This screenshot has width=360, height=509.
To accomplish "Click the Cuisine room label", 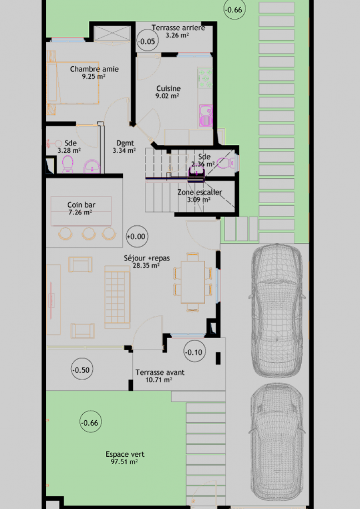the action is (168, 88).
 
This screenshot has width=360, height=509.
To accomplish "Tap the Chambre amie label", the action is (94, 69).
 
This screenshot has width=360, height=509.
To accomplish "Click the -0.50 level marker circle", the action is (81, 370).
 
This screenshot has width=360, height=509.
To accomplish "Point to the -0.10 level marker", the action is (194, 352).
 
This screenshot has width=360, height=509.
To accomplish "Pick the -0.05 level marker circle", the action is (147, 41).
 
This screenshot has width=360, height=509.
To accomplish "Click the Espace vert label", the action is (125, 454).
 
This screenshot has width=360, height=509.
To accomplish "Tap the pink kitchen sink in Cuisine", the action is (205, 115).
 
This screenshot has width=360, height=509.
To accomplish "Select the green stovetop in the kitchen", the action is (205, 78).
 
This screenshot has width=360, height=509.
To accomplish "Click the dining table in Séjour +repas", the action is (193, 282).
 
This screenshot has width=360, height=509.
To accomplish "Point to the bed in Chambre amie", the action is (73, 83).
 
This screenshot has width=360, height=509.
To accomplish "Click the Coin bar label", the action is (81, 205).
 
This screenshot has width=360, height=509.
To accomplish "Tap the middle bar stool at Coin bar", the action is (89, 233).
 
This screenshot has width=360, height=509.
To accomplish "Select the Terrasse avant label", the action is (160, 372).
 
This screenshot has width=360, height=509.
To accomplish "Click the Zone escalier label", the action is (199, 192).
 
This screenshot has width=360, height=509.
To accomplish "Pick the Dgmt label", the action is (125, 143).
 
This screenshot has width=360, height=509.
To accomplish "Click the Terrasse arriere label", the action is (178, 27).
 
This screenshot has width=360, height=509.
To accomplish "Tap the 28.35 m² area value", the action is (146, 265).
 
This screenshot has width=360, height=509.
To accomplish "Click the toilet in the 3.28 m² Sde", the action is (67, 164).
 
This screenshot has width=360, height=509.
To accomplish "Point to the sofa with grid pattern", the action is (117, 297).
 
